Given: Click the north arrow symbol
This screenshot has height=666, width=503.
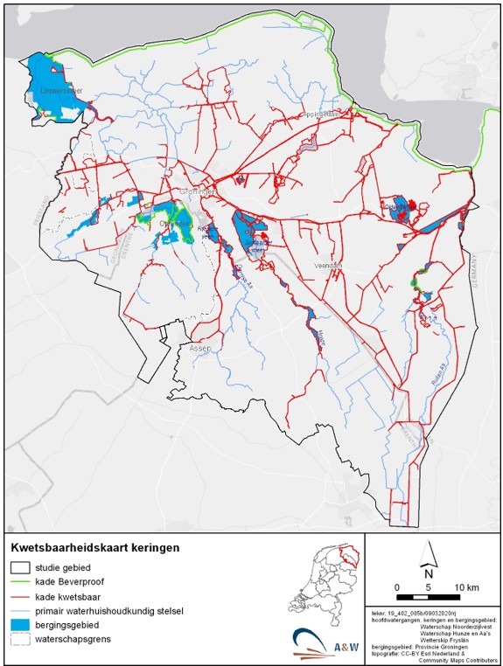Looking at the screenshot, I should click(x=428, y=556).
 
